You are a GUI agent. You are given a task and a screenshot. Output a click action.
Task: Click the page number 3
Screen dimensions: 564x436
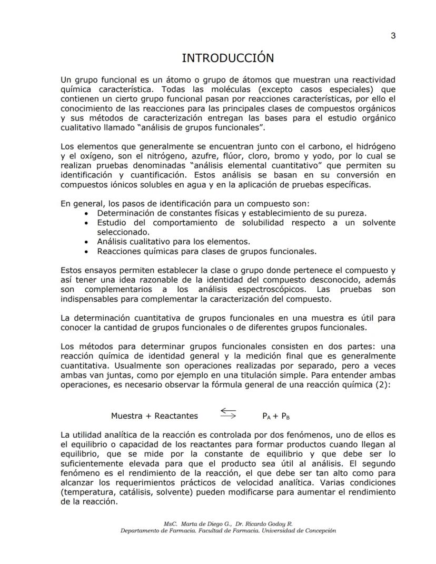pos(393,36)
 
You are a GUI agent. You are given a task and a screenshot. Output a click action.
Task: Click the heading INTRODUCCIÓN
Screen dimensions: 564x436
pos(227,57)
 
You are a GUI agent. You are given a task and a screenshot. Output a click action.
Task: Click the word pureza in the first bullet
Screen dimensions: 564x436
pos(352,213)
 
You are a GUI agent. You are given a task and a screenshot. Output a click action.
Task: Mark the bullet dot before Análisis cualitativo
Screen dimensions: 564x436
pos(87,241)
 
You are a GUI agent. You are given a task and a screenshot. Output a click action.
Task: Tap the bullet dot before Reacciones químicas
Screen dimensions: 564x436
pos(87,251)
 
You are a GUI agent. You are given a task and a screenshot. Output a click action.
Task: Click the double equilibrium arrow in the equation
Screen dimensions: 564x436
pos(228,413)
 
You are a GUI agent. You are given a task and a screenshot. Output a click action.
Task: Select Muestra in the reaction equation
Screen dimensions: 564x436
pos(126,415)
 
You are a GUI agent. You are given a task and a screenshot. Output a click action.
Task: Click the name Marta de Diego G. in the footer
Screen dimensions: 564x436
pos(202,524)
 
